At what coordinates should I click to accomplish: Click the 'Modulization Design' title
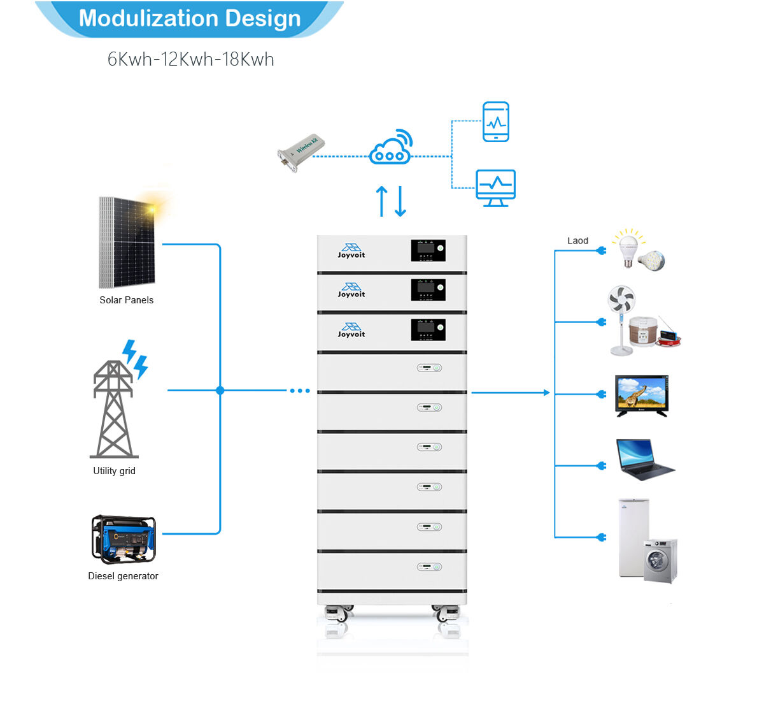coord(190,18)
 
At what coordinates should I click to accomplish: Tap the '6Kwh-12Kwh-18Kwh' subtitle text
coord(190,59)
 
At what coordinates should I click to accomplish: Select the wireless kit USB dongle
coord(301,152)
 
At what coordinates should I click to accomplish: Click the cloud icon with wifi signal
coord(391,148)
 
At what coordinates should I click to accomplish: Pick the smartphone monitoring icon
coord(495,122)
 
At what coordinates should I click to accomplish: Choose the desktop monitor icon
coord(495,187)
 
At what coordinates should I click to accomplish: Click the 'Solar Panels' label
coord(126,300)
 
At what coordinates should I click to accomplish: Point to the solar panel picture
coord(127,242)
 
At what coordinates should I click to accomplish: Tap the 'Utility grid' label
coord(114,471)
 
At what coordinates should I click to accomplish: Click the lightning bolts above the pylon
coord(135,358)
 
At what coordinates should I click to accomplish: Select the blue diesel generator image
coord(124,539)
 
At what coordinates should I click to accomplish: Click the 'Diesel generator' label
coord(123,576)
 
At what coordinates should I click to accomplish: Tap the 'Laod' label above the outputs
coord(577,241)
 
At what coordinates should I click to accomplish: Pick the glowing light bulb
coord(628,248)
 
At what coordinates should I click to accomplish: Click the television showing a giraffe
coord(642,396)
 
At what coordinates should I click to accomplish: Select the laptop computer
coord(643,459)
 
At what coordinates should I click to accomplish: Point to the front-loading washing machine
coord(660,561)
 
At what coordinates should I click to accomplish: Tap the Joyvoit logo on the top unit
coord(351,250)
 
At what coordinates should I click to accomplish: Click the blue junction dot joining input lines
coord(220,391)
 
